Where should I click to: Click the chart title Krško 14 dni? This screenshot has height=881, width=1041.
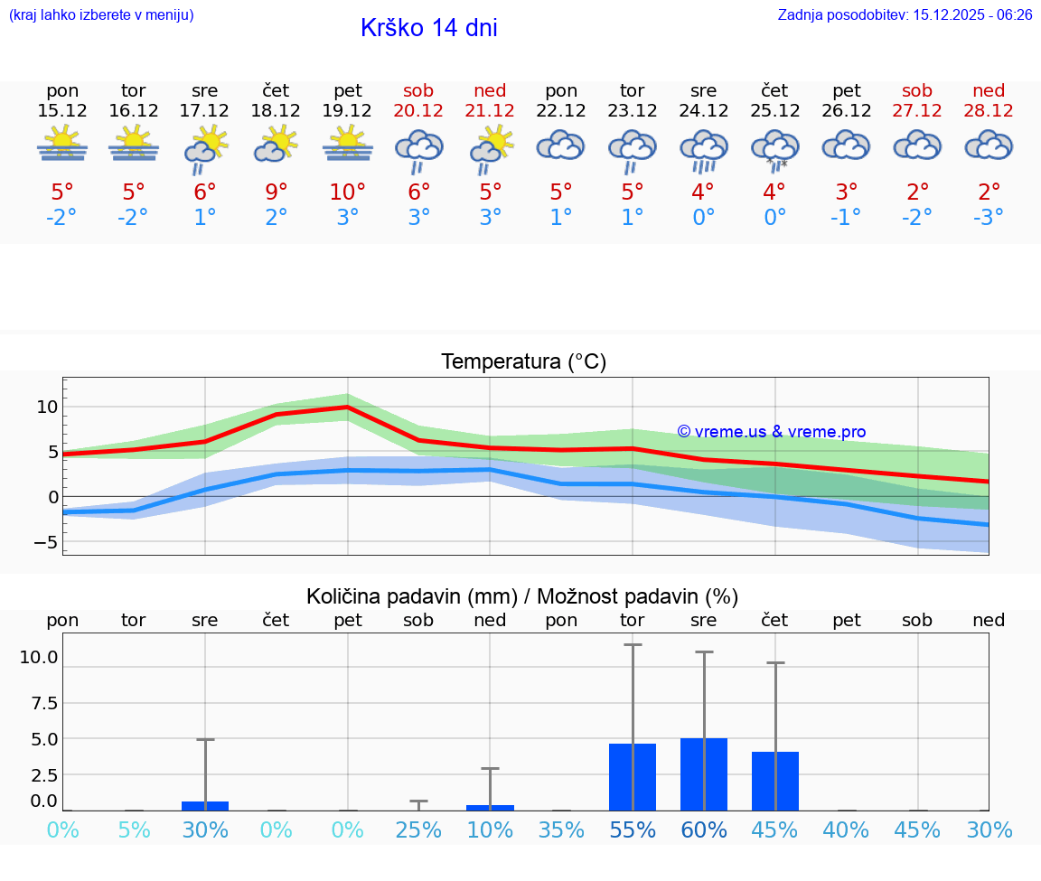click(x=428, y=28)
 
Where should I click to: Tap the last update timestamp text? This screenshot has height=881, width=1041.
click(x=905, y=14)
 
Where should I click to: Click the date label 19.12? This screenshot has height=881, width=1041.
click(x=348, y=110)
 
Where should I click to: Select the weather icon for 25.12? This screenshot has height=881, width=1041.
click(x=774, y=148)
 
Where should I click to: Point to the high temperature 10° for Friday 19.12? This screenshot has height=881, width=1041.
click(x=348, y=192)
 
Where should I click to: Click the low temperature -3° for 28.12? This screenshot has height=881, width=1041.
click(x=989, y=217)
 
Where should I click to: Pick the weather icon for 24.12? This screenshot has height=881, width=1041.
click(x=703, y=148)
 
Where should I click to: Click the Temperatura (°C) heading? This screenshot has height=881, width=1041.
click(x=523, y=362)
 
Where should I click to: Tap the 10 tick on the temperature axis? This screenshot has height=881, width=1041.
click(x=47, y=407)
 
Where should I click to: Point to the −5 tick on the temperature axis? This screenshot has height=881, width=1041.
click(x=42, y=542)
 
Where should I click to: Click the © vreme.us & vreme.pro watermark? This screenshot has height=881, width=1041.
click(x=771, y=432)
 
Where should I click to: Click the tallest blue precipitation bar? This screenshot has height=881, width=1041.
click(x=703, y=774)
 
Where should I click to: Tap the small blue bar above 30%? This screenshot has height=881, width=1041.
click(x=205, y=805)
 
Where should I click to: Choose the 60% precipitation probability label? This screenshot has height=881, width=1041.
click(x=703, y=829)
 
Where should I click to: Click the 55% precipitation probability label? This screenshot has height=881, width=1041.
click(x=633, y=829)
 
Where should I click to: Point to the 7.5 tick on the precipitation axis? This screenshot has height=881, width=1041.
click(x=44, y=702)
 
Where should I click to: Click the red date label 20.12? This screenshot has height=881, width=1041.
click(x=418, y=110)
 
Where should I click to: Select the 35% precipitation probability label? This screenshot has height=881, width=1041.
click(x=561, y=829)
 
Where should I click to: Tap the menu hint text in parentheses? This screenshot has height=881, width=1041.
click(x=101, y=14)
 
